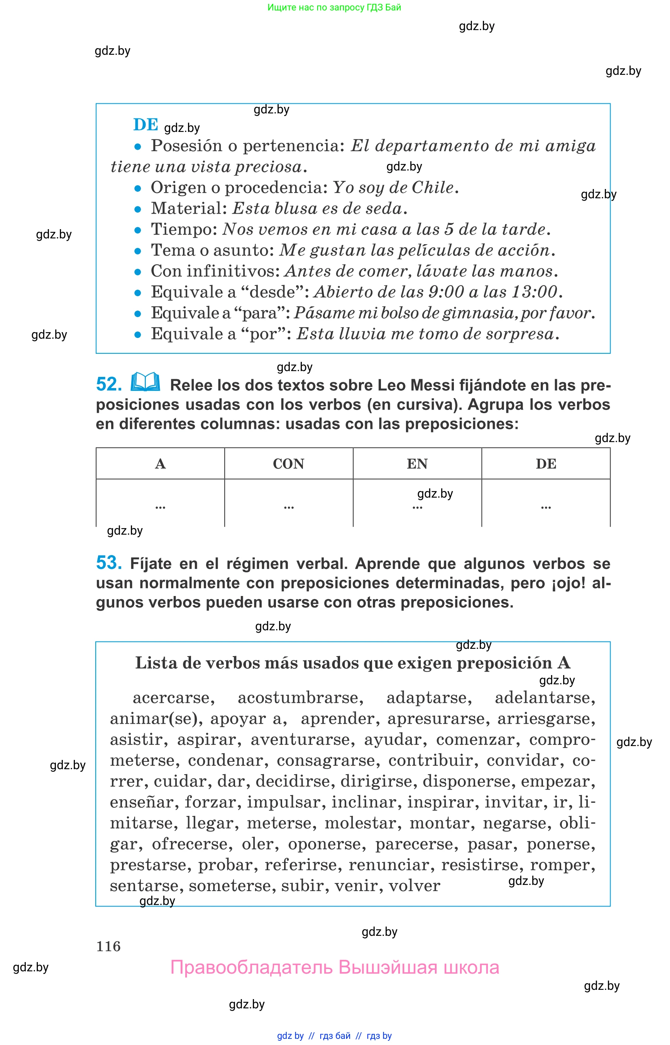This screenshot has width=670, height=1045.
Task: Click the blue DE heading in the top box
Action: [x=146, y=125]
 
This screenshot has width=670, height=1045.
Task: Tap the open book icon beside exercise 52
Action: [x=146, y=382]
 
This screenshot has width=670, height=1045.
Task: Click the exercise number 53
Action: [x=109, y=563]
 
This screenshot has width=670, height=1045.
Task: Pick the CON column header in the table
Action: [x=288, y=464]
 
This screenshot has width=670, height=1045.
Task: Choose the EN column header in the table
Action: [x=417, y=464]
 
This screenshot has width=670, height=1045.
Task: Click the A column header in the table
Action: [x=160, y=464]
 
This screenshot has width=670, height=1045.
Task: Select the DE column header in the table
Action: [x=546, y=464]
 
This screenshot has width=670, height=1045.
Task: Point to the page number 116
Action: [x=108, y=946]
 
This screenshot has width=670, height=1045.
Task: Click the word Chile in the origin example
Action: [x=433, y=187]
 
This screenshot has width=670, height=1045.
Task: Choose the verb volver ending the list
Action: [x=414, y=885]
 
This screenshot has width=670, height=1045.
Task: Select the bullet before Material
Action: [x=138, y=209]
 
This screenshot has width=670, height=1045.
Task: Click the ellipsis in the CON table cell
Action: [x=288, y=507]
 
